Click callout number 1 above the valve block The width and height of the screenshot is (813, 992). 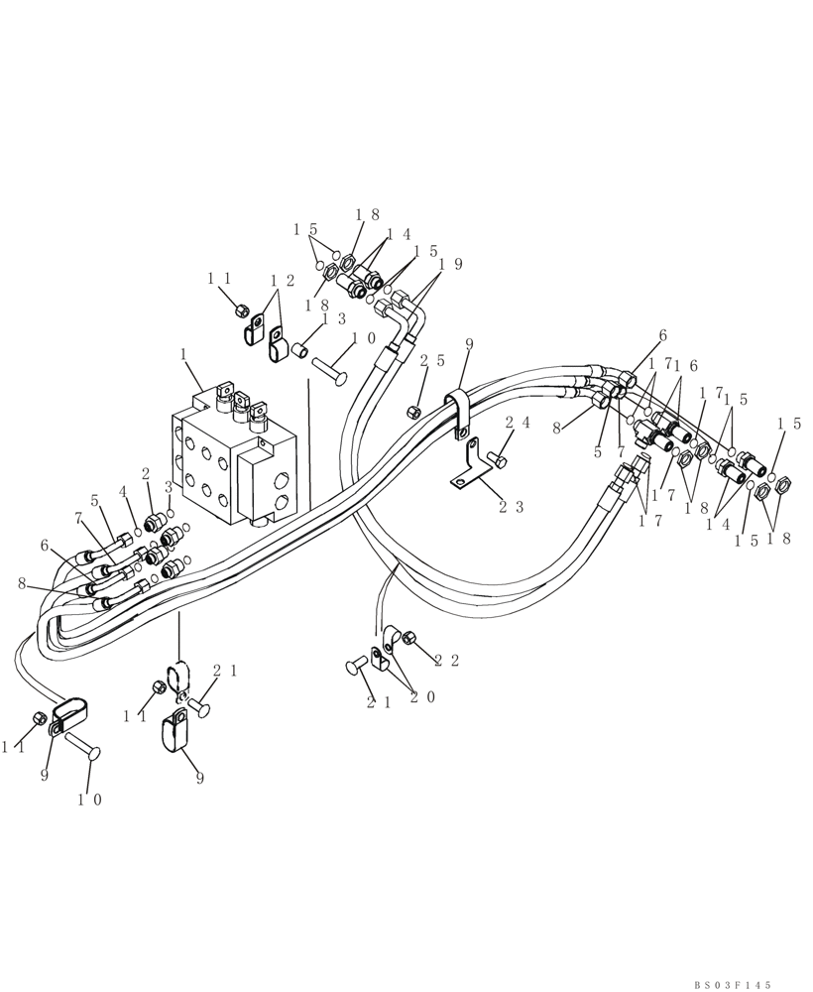(183, 354)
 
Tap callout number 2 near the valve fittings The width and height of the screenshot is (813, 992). (146, 474)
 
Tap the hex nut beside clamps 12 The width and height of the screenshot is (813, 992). (240, 310)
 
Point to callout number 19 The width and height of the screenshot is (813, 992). (449, 265)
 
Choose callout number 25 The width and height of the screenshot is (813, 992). (429, 362)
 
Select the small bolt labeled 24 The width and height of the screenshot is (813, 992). (497, 459)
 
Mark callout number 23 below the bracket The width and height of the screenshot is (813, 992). (511, 506)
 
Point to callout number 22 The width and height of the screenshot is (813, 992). (446, 662)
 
